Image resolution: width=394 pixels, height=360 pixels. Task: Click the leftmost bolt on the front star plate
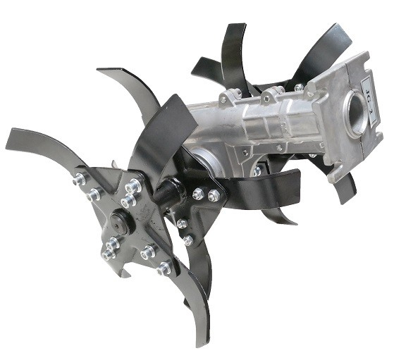(x=77, y=180)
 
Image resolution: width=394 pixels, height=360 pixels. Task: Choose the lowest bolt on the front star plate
(x=163, y=268)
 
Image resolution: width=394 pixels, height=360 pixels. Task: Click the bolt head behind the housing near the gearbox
(x=258, y=170)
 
